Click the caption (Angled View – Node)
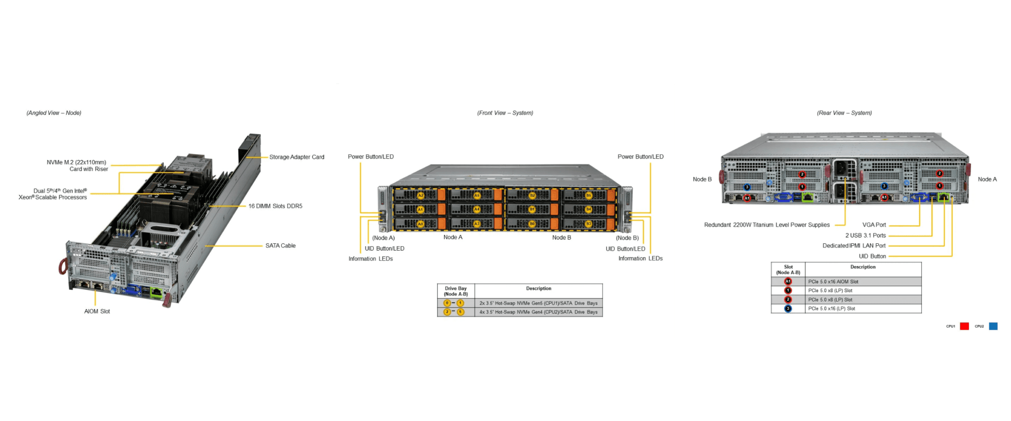54,113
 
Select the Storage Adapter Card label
297,157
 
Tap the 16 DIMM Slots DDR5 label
275,206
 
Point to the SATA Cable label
280,245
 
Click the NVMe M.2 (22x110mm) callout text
77,162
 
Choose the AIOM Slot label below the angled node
97,311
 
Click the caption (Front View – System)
505,113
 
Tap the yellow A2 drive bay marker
421,195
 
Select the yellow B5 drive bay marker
588,195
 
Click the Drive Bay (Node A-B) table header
456,291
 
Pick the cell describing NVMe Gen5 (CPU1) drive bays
538,303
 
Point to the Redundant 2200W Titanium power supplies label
767,225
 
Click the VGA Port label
874,225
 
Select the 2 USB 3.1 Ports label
865,235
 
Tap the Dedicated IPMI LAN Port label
854,246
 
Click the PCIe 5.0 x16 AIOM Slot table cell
833,282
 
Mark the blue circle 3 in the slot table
788,309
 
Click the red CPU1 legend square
964,326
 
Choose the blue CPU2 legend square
993,326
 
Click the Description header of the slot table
863,267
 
